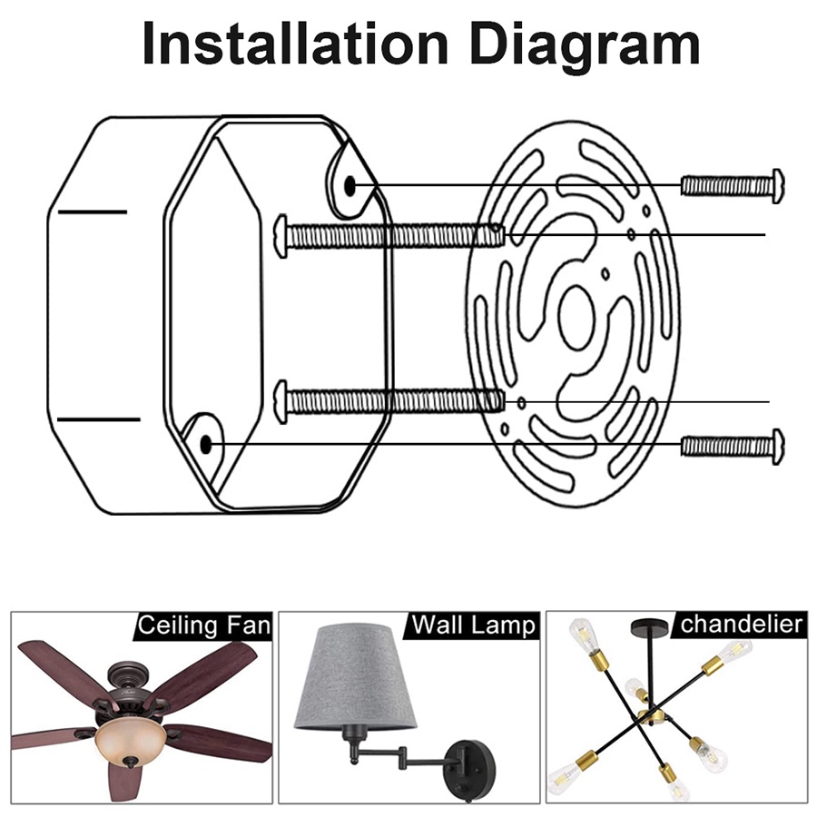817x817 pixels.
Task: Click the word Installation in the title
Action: (295, 44)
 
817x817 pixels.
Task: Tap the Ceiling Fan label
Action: (204, 625)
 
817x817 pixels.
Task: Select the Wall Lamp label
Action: (473, 625)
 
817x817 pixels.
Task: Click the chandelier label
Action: (741, 624)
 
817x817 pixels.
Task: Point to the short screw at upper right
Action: (732, 186)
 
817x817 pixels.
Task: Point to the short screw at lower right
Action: (732, 447)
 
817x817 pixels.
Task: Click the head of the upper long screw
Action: (281, 235)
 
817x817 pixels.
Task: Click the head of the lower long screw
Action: (281, 402)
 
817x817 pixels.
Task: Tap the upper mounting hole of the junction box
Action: (350, 185)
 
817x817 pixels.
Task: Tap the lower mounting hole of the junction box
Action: (206, 445)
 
